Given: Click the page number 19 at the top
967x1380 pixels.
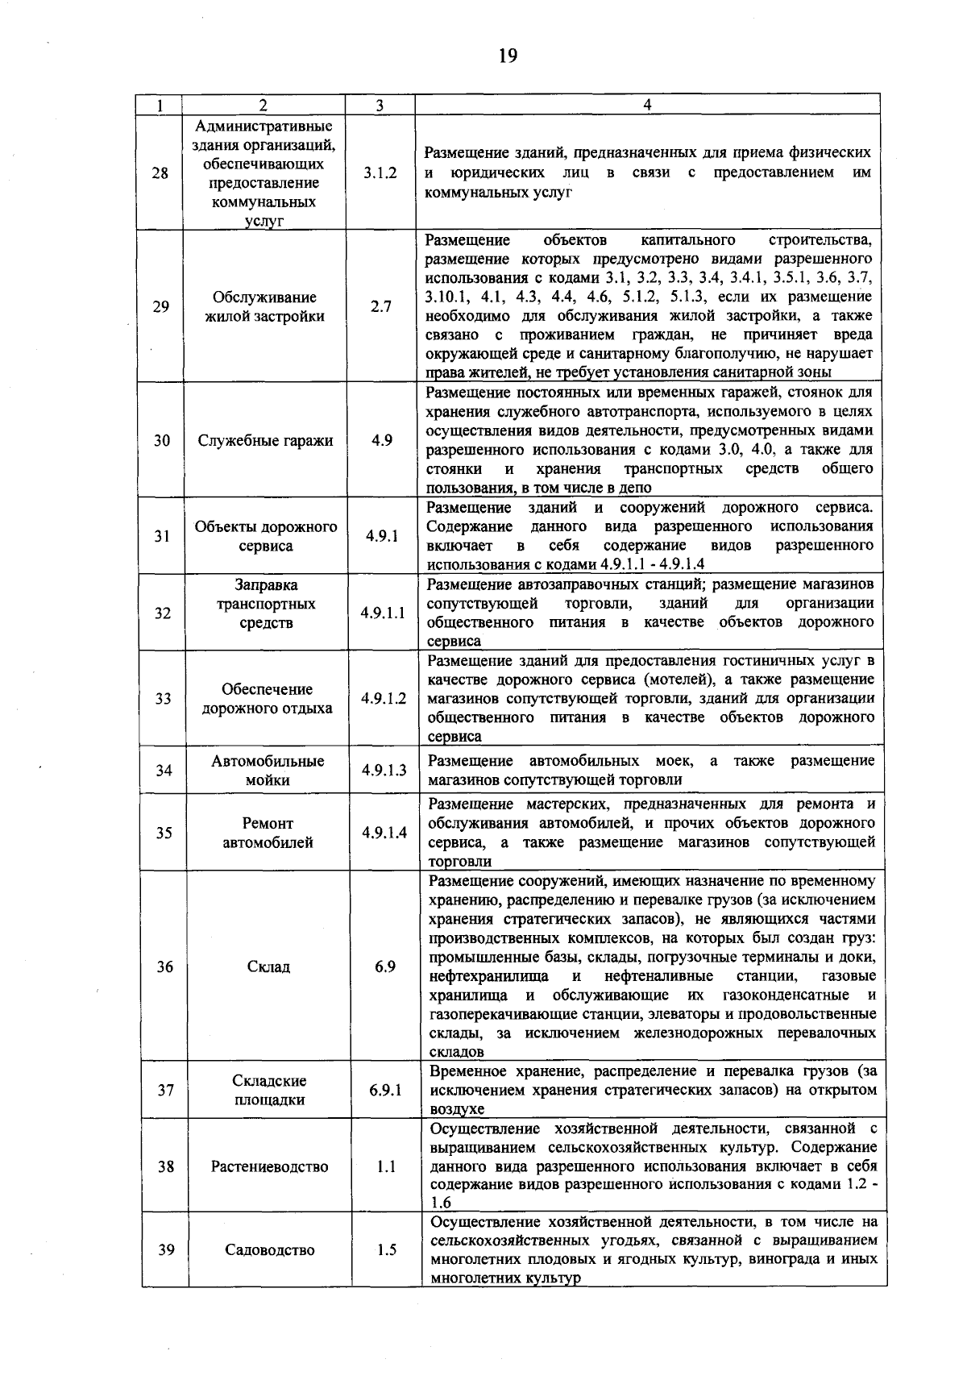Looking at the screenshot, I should pos(507,56).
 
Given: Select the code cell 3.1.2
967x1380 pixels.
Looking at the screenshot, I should pos(380,173).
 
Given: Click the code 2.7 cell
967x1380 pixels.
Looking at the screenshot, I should pos(381,306).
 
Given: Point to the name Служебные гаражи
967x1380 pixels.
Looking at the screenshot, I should pos(266,441).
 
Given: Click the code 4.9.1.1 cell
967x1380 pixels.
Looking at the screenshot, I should pos(383,613).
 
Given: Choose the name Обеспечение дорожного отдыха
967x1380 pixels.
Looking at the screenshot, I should pos(267,699).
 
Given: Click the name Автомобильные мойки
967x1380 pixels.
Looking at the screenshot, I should pos(268,771).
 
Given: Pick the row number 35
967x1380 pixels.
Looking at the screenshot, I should pos(164,833).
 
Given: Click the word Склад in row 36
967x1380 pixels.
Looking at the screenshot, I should pos(268,966).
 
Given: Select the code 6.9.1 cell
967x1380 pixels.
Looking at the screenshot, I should pos(385,1091).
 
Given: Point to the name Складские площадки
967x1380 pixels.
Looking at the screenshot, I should pos(269,1091).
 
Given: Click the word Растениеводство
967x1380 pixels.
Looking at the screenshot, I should pos(269,1166).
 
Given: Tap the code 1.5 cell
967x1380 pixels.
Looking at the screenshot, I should pos(386,1250).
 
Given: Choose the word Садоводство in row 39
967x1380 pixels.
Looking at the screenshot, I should pos(270,1250).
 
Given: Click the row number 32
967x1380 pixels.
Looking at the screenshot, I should pos(163,613).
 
